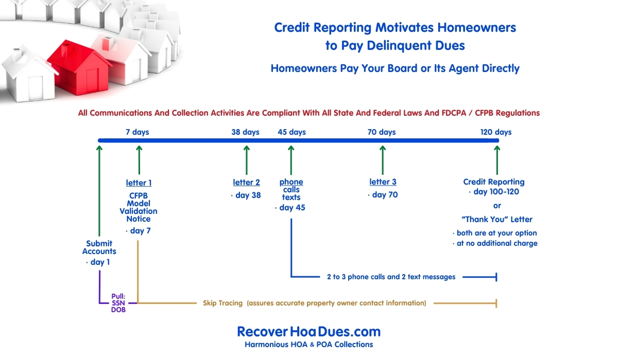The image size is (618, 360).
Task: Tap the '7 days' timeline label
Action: tap(138, 132)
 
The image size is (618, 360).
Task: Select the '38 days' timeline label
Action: tap(245, 132)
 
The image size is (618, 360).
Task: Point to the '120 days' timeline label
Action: tap(496, 132)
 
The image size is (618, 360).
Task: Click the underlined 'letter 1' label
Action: tap(139, 183)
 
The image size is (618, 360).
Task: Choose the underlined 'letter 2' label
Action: tap(246, 183)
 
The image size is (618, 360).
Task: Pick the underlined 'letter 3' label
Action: tap(383, 182)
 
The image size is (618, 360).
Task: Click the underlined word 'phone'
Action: tap(291, 182)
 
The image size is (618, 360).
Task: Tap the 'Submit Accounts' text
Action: tap(99, 247)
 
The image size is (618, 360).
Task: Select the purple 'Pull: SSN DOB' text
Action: tap(118, 303)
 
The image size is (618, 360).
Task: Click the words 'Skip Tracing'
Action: tap(222, 303)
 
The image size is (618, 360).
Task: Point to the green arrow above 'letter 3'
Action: tap(383, 160)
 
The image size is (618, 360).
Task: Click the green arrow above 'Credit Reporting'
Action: tap(497, 160)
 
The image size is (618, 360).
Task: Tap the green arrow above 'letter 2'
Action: tap(247, 160)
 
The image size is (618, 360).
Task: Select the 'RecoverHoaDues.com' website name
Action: tap(308, 332)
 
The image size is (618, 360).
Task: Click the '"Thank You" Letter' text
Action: tap(497, 220)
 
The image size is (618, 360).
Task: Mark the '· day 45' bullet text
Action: tap(290, 208)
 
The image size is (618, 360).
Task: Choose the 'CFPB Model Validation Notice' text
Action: tap(139, 207)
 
